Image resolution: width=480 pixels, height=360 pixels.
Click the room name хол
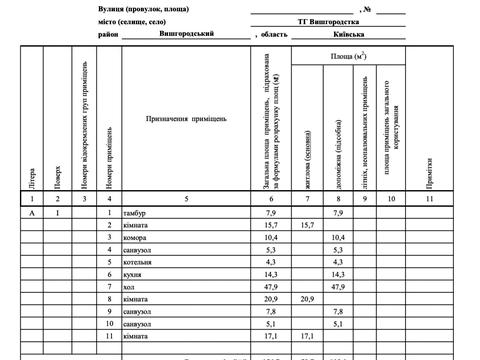point(129,286)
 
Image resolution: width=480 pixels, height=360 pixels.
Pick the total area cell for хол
point(271,286)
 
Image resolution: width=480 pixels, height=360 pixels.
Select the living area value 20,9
point(307,298)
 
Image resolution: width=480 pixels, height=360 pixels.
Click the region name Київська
point(354,32)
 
